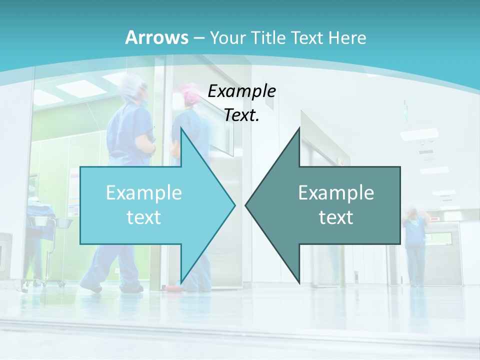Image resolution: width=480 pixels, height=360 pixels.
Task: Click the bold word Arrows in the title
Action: tap(157, 37)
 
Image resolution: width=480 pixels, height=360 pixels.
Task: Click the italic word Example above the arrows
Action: tap(241, 91)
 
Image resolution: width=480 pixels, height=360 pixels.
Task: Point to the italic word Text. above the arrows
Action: tap(241, 115)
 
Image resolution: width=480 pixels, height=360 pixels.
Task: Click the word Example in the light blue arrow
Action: tap(144, 193)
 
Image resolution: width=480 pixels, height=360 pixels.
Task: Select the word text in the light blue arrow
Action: tap(144, 217)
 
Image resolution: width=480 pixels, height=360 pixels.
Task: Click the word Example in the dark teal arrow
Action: tap(336, 193)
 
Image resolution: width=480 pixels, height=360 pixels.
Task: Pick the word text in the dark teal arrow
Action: tap(336, 217)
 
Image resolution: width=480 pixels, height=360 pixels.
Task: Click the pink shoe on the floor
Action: tap(173, 288)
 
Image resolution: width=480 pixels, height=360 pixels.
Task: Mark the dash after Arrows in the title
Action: tap(198, 38)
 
